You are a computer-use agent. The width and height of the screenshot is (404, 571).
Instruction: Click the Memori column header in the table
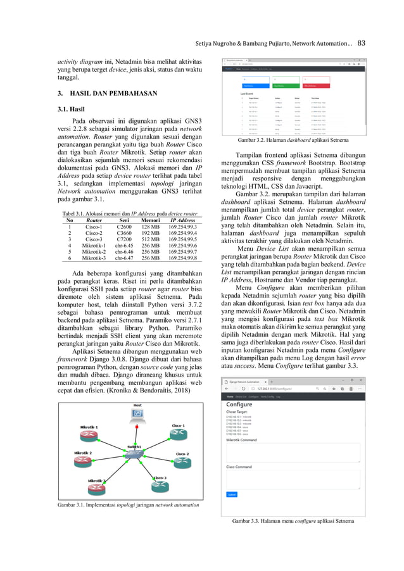150,220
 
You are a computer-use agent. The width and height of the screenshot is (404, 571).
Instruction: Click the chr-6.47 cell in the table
124,258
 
